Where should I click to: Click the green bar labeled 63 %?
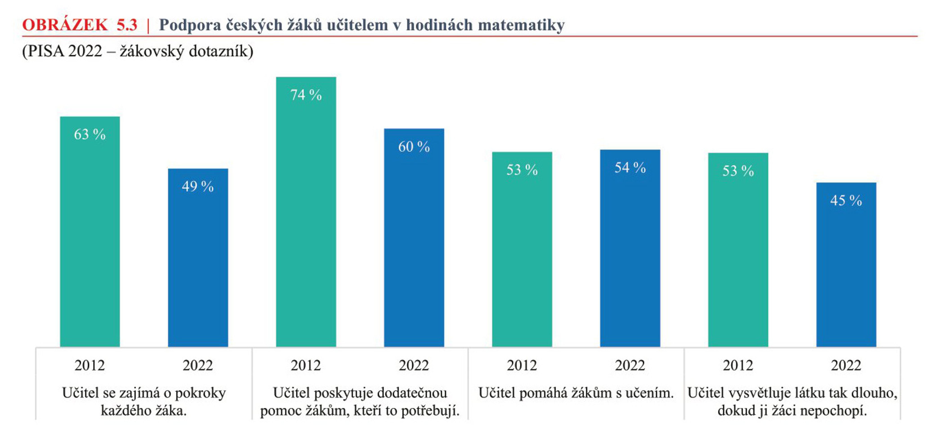[x=90, y=232]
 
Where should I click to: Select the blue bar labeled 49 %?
[x=198, y=257]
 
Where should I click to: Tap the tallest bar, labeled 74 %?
[x=306, y=212]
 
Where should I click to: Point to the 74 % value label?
[x=306, y=95]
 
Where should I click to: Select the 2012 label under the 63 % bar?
[x=90, y=365]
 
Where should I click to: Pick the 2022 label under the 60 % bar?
[x=414, y=365]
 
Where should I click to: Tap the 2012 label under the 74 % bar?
[x=306, y=365]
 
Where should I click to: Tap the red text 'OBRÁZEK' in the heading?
[x=65, y=25]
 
